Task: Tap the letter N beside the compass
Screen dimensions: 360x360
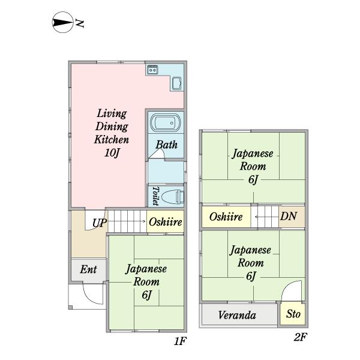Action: pos(79,24)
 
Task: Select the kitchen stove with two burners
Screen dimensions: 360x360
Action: pos(152,70)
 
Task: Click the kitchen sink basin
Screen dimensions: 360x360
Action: pos(177,83)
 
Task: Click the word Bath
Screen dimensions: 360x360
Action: pos(166,145)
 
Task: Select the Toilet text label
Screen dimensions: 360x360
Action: pos(155,196)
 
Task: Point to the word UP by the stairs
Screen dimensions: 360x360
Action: pos(100,223)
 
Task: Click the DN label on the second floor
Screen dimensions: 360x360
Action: pos(289,216)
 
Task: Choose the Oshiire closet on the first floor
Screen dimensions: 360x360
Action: pos(165,222)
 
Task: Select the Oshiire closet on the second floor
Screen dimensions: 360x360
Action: pos(226,217)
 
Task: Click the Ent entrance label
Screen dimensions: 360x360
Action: pos(88,269)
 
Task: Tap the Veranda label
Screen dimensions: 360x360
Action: pos(237,315)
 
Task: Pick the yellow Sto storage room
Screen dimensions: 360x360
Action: pos(293,314)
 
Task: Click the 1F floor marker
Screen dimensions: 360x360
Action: pos(181,341)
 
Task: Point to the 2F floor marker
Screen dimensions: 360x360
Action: pos(300,337)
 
